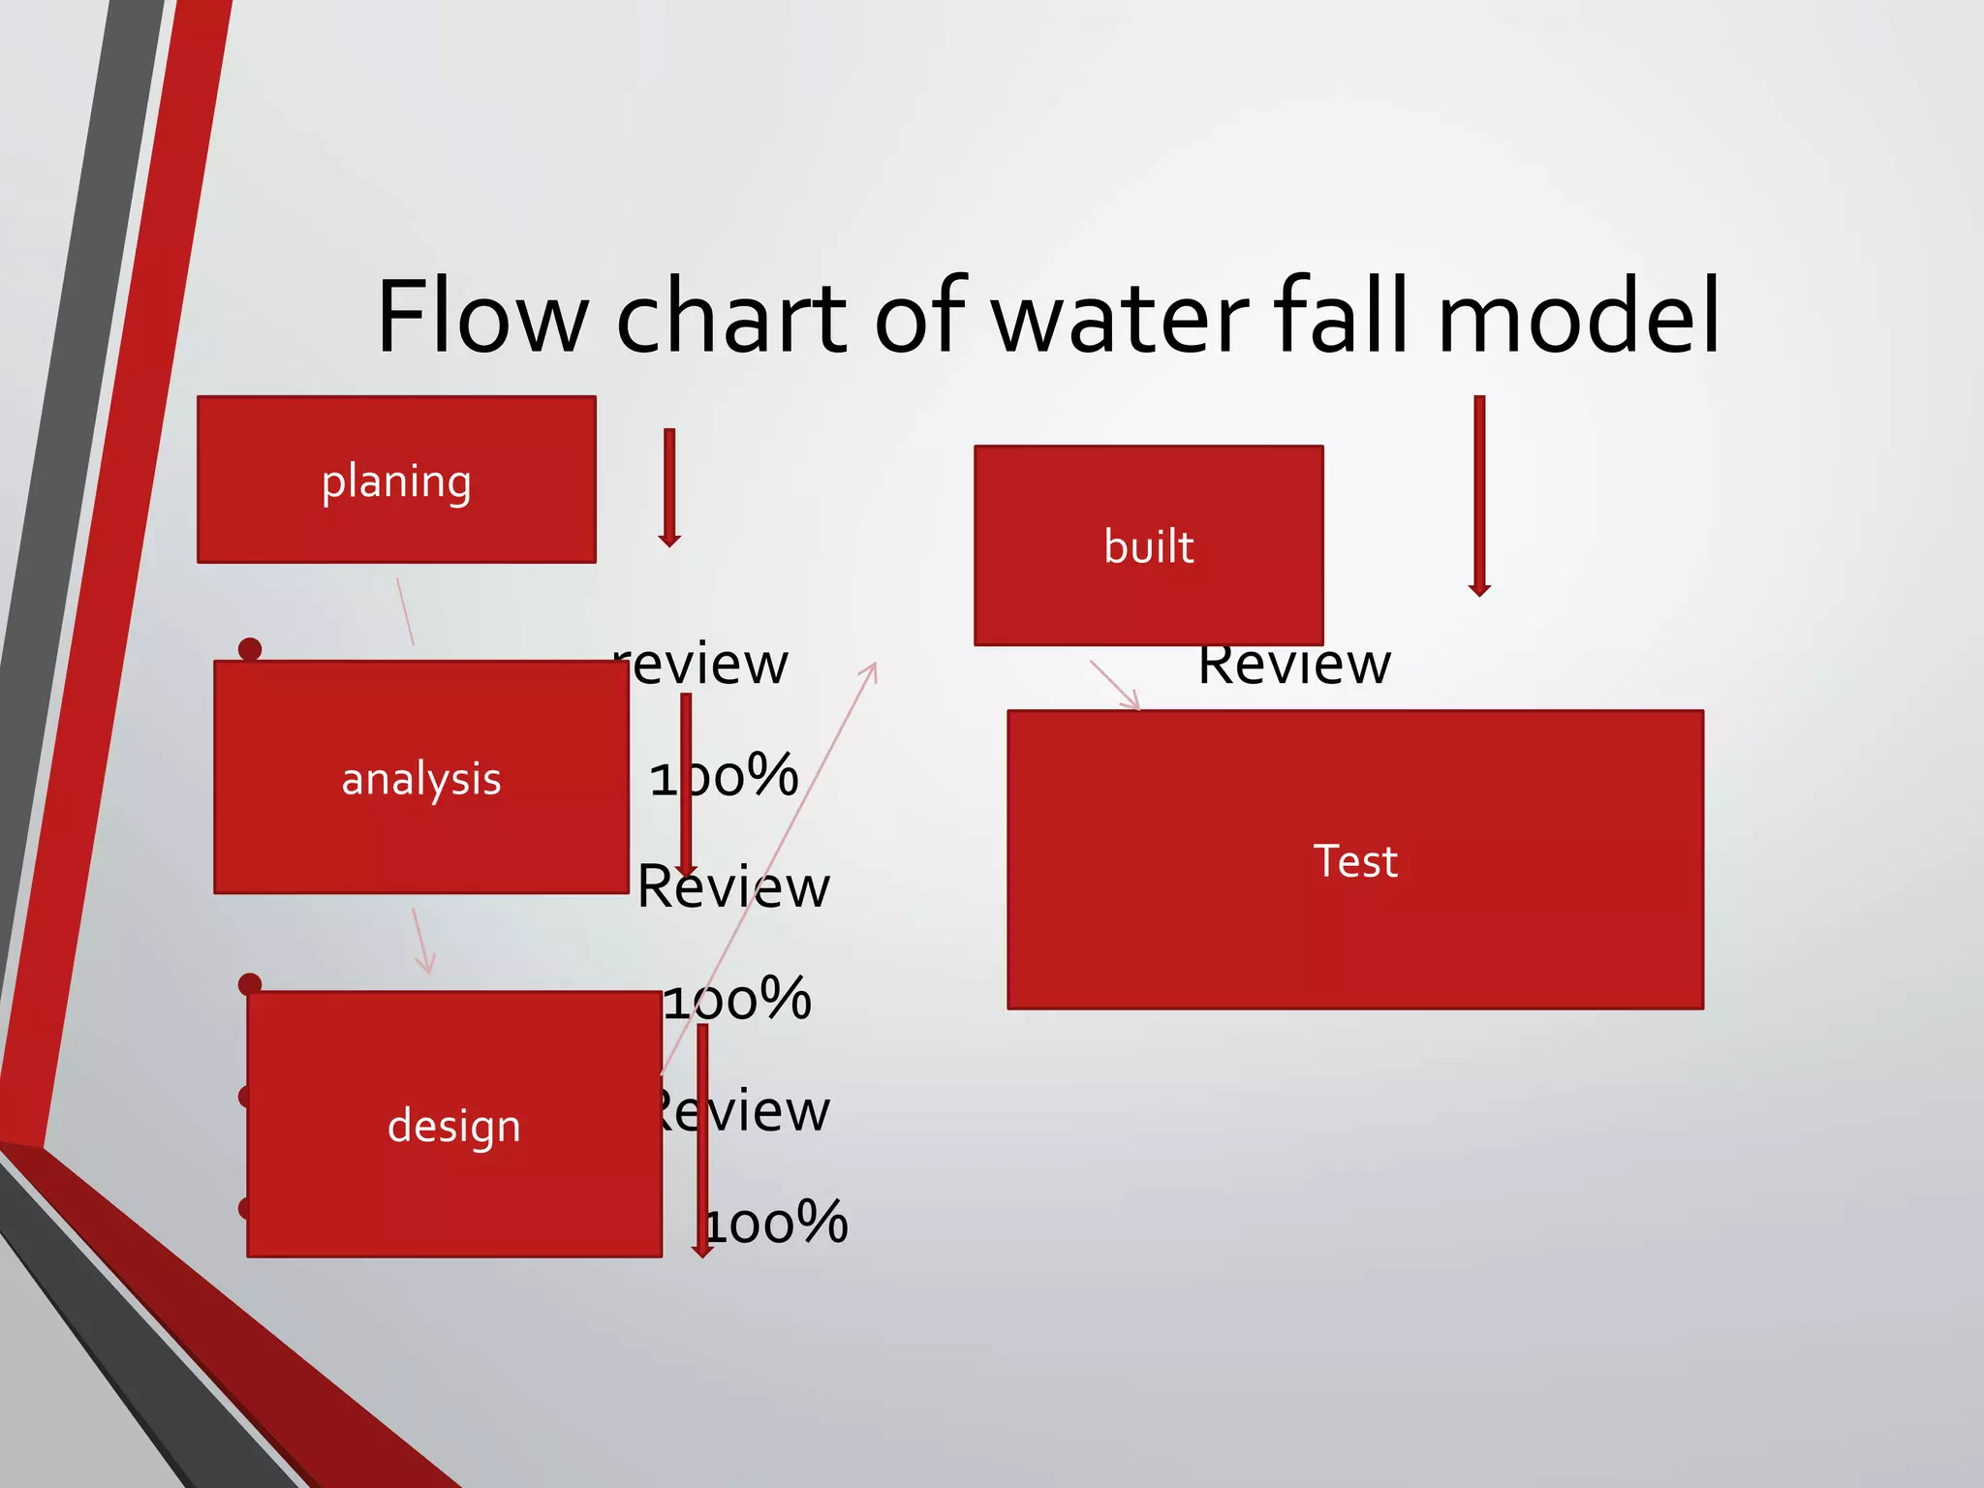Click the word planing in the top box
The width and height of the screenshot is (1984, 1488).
point(396,481)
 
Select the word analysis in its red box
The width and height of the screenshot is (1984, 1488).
point(421,779)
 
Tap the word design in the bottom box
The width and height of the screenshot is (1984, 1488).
point(453,1126)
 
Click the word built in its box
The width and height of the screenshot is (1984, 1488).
point(1149,546)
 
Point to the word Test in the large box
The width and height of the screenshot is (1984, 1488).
point(1355,860)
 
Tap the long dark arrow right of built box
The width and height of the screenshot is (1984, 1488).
point(1479,495)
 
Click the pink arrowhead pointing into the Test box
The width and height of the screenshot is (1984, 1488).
point(1131,700)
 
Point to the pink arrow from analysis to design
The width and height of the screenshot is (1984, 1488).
point(421,941)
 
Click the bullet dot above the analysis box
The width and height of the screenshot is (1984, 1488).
point(250,648)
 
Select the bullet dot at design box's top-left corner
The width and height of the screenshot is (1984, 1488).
point(250,984)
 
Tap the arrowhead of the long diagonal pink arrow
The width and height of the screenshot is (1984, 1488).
point(872,669)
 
